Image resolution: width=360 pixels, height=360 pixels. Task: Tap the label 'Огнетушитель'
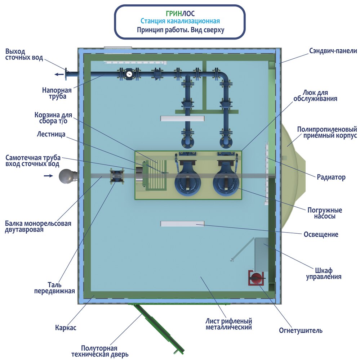point(301,330)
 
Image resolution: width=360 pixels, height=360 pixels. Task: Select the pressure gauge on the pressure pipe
point(129,74)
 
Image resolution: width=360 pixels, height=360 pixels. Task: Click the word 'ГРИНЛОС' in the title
point(180,14)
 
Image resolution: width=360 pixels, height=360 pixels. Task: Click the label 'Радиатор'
point(331,177)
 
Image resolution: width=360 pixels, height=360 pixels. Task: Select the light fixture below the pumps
point(182,224)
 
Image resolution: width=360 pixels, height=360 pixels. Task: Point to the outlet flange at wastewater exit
point(67,75)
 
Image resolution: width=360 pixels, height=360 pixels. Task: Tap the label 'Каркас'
point(66,328)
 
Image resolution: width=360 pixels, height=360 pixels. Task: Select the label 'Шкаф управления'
point(324,274)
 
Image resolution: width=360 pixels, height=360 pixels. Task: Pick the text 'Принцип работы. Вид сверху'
point(180,30)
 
